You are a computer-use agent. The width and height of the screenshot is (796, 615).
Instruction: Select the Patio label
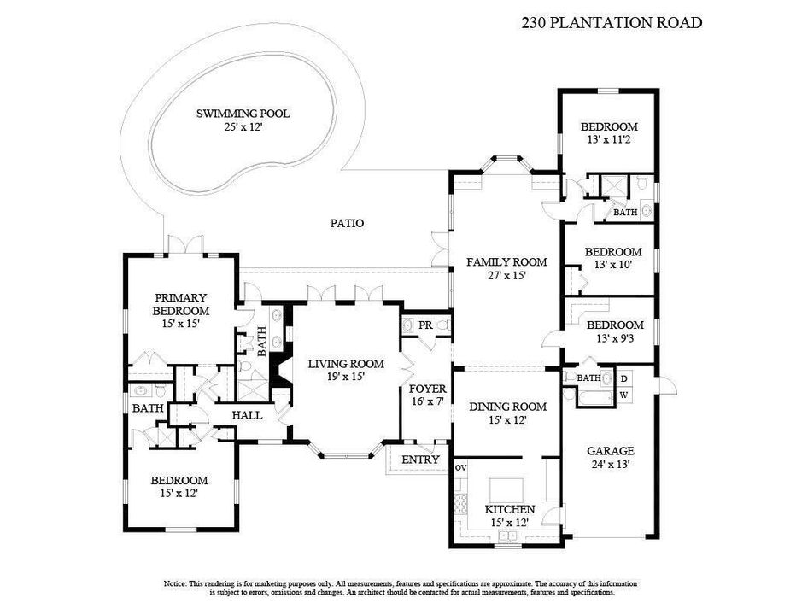coord(347,224)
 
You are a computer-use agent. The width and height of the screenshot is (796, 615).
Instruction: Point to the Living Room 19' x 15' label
coord(345,370)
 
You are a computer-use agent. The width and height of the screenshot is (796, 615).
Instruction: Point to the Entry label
coord(420,460)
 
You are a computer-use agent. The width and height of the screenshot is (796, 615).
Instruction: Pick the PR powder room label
coord(424,325)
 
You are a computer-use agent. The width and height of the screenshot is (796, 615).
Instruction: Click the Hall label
coord(248,416)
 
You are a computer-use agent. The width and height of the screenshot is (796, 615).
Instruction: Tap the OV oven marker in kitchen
coord(461,468)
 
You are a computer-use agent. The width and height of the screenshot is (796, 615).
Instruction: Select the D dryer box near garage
coord(623,378)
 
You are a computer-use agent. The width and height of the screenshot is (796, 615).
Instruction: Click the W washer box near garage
coord(623,395)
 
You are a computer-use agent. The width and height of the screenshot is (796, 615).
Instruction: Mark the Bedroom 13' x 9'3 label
coord(614,331)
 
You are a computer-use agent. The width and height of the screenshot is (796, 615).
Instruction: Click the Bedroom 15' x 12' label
coord(179,487)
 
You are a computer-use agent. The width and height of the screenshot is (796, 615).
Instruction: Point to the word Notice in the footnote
coord(179,583)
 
